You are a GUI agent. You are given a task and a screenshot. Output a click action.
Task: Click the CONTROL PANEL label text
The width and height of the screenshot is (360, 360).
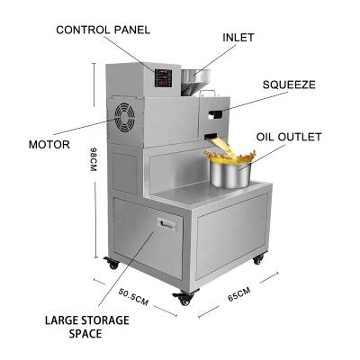tap(103, 30)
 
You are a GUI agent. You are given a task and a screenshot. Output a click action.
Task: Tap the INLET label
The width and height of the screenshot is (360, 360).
tap(238, 38)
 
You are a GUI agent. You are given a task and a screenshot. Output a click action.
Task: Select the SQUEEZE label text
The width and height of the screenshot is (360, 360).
tap(289, 85)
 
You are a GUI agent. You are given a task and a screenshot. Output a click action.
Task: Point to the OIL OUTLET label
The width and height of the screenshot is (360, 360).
tap(289, 137)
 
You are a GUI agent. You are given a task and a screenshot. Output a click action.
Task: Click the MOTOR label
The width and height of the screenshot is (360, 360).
tap(49, 145)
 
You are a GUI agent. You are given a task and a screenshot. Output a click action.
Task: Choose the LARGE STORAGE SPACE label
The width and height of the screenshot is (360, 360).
tap(87, 327)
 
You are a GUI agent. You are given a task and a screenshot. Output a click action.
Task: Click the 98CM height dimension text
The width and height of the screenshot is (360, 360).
tap(94, 159)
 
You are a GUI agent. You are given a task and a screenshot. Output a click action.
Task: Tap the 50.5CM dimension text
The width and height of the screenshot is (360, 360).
tap(133, 297)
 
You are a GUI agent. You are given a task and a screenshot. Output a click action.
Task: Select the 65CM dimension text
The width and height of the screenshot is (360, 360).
tap(238, 294)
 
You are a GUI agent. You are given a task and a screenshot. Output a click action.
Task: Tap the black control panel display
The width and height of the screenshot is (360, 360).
tap(163, 78)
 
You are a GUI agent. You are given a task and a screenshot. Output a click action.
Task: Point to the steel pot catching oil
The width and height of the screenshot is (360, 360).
tap(230, 175)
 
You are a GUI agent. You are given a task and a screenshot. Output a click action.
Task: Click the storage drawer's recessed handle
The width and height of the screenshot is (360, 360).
tap(166, 224)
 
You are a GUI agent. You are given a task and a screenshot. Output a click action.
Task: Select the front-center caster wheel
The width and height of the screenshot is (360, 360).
tap(184, 298)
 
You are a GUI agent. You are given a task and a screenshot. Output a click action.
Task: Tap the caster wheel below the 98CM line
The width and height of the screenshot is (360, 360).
tap(112, 264)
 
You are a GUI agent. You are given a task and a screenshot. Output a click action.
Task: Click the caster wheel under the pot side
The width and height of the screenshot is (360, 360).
tap(258, 259)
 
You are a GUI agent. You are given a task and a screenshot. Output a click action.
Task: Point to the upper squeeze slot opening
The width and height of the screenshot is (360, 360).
tap(216, 113)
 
